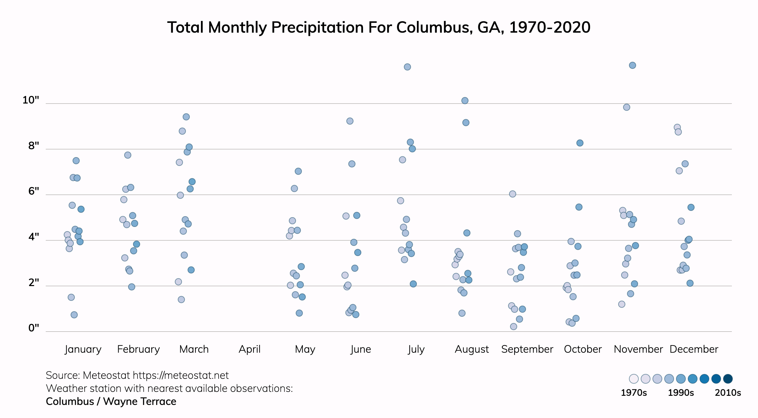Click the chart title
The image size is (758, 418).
379,27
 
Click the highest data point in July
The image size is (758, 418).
407,67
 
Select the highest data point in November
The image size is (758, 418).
633,65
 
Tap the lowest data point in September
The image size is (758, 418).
514,327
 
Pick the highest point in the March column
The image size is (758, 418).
186,117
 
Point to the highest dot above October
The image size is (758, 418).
580,143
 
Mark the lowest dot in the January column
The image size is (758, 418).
74,315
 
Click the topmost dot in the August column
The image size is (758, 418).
465,101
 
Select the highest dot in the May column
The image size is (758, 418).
298,171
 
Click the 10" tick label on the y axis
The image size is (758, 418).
31,100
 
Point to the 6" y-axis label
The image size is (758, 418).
34,191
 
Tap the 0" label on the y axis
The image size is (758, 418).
34,328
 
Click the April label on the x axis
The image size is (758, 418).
250,349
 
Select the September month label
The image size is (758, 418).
527,349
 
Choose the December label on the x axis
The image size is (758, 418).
694,349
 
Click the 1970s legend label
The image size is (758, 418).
634,393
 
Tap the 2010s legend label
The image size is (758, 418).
728,393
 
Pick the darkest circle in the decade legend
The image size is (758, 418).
728,379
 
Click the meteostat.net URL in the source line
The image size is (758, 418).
181,376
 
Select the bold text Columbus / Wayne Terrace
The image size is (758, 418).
111,401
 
